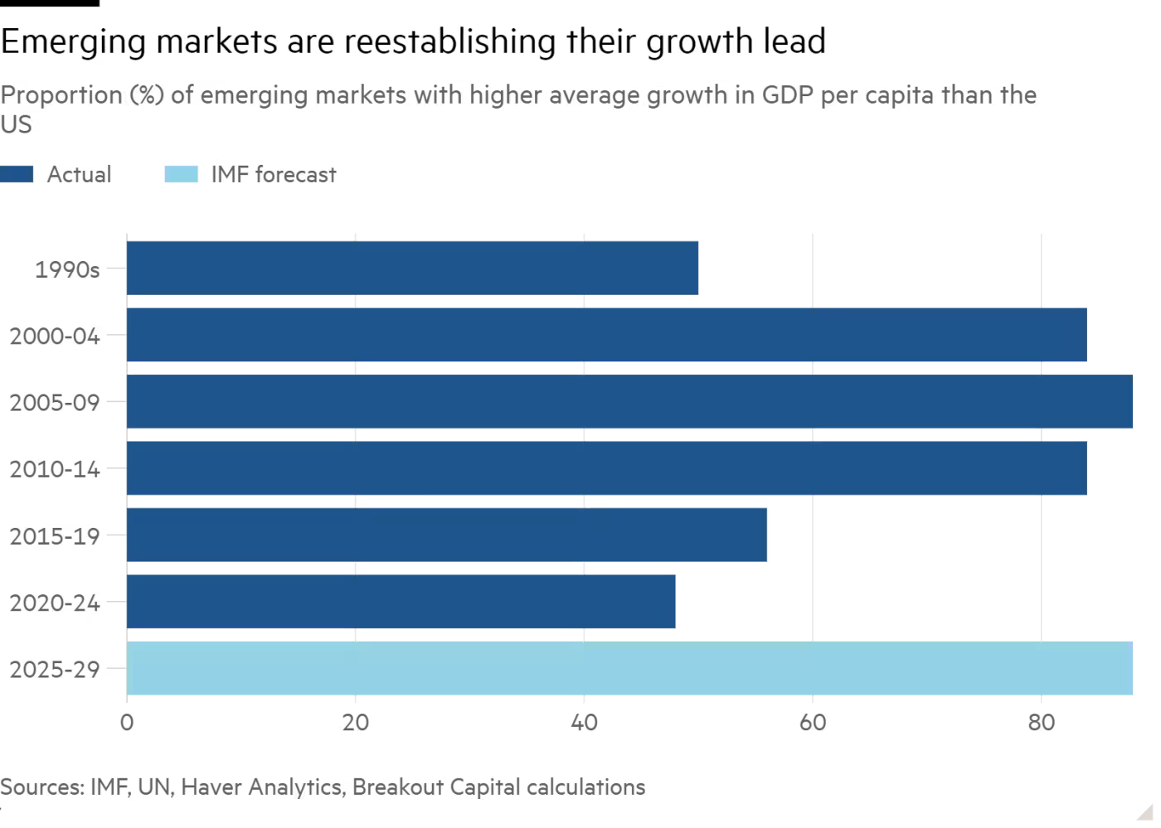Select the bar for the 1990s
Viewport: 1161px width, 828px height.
coord(412,268)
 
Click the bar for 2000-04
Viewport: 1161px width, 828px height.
coord(606,335)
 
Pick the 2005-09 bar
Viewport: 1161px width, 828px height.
coord(629,402)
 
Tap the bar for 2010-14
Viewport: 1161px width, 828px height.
coord(606,468)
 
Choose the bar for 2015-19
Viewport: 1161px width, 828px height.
coord(447,535)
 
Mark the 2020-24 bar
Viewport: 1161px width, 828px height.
coord(401,602)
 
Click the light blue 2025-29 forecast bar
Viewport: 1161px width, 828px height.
coord(629,668)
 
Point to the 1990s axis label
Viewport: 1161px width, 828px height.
coord(67,269)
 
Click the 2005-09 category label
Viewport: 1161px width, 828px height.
coord(55,403)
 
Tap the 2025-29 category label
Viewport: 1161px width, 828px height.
coord(55,670)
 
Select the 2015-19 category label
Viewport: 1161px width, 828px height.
coord(55,536)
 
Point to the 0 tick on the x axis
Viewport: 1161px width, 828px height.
coord(126,724)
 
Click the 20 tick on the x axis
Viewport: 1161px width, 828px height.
coord(355,724)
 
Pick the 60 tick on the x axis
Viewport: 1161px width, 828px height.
coord(813,724)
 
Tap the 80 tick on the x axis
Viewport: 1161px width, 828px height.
coord(1042,724)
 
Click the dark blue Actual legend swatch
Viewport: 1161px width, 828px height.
coord(17,174)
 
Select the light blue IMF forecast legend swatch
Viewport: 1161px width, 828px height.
coord(182,174)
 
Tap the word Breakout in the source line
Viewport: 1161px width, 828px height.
coord(397,787)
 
